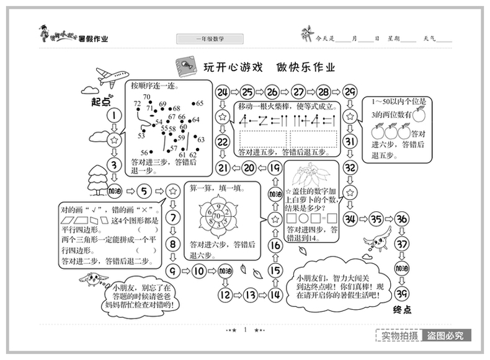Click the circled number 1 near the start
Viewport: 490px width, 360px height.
coord(114,116)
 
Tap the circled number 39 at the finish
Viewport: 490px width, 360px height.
coord(403,294)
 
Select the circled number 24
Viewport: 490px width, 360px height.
coord(222,93)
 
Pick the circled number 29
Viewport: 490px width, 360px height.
coord(349,93)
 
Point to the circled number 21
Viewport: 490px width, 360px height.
coord(222,167)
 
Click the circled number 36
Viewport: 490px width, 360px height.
coord(403,218)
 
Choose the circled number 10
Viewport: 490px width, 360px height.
coord(198,271)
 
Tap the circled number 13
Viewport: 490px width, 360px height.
coord(250,294)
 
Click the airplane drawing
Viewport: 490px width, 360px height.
coord(112,78)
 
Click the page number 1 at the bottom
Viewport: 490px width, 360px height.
coord(246,330)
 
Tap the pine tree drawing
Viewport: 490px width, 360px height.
coord(97,180)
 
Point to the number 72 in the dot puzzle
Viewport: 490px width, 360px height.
coord(138,104)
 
